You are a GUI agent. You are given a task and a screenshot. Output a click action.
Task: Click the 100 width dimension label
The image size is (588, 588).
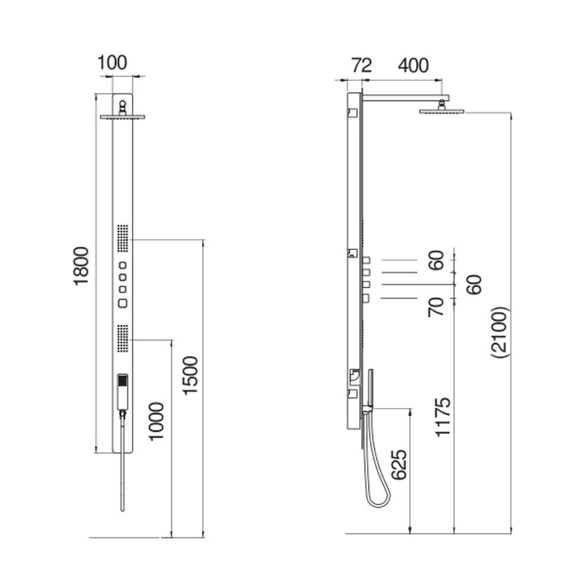(113, 62)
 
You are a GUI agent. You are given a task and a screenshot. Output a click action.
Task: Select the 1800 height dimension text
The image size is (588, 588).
(82, 265)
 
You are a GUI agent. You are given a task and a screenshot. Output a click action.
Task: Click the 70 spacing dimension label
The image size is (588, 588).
(435, 306)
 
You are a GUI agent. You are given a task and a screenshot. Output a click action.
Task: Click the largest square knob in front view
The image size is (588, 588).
(123, 302)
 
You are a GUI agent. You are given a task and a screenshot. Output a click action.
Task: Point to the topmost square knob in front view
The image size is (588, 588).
(123, 266)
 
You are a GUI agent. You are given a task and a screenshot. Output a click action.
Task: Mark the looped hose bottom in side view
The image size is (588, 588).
(377, 499)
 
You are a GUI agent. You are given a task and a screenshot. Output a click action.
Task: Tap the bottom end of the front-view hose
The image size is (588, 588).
(122, 509)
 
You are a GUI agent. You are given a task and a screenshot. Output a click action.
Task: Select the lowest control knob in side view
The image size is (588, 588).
(366, 298)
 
